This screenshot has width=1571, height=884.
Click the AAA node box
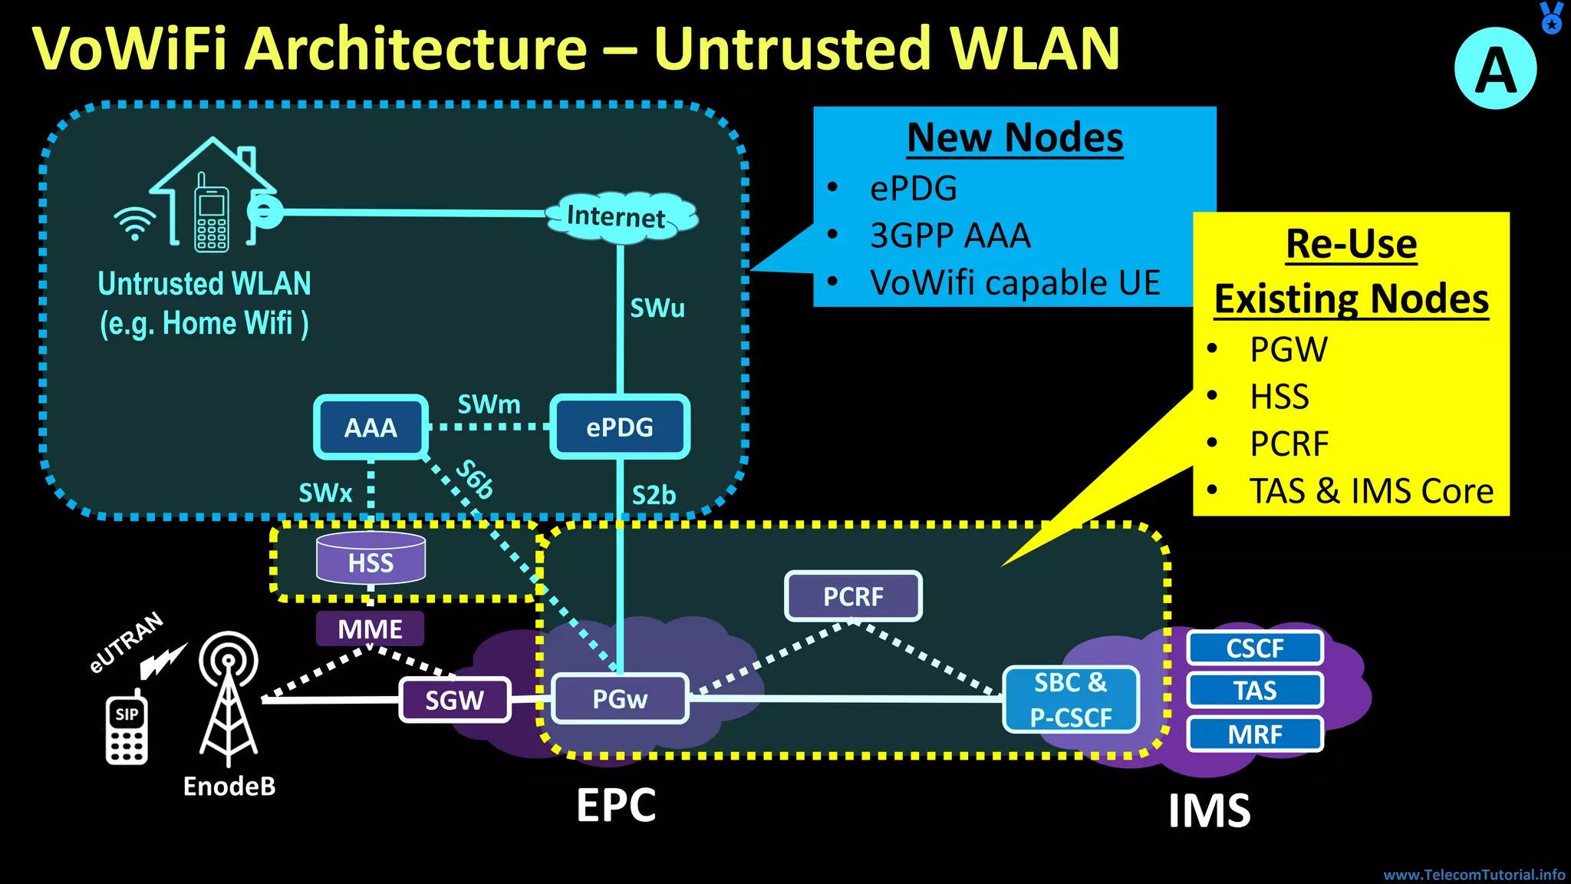tap(371, 427)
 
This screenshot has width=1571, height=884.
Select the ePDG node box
tap(620, 427)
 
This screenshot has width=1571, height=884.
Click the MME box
tap(370, 629)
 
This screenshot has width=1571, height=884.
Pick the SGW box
tap(455, 700)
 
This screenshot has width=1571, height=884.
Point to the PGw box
tap(620, 699)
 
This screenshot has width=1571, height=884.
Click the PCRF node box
tap(853, 596)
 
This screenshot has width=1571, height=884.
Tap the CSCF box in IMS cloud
tap(1255, 648)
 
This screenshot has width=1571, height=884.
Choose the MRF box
tap(1255, 734)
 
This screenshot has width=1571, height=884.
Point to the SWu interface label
tap(657, 308)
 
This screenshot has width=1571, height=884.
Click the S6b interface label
tap(475, 480)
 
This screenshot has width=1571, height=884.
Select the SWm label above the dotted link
tap(489, 404)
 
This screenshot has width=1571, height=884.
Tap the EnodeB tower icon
tap(228, 698)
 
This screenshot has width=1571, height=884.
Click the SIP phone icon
tap(127, 729)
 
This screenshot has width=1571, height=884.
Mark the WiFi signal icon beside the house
tap(135, 223)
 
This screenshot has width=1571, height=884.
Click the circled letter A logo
tap(1495, 69)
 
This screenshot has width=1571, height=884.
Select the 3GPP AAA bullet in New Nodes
tap(950, 236)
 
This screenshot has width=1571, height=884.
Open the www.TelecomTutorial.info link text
tap(1474, 875)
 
